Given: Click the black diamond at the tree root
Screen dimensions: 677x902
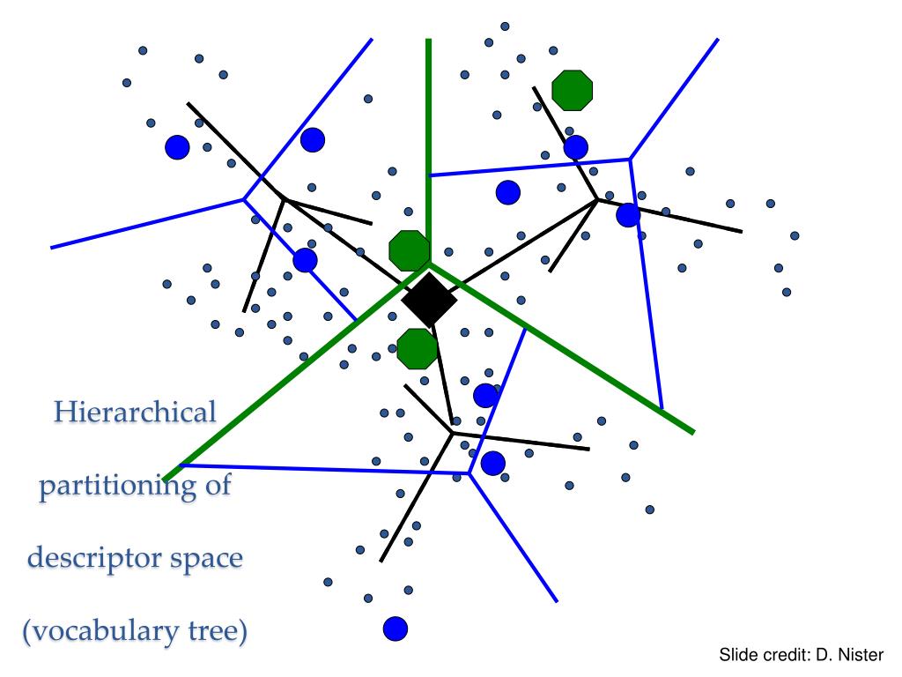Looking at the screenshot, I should tap(429, 301).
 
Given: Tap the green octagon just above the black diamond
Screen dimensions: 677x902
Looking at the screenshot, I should tap(410, 250).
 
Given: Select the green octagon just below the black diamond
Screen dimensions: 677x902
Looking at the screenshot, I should tap(417, 348).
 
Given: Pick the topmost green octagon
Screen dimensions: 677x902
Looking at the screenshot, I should tap(572, 89).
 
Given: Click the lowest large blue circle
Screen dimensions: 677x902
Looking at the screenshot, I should tap(396, 629).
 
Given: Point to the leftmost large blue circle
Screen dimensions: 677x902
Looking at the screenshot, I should tap(177, 147).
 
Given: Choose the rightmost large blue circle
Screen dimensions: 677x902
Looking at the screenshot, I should tap(628, 214).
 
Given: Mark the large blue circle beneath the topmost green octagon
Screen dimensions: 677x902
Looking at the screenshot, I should tap(575, 147).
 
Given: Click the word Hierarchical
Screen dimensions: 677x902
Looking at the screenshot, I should tap(134, 412).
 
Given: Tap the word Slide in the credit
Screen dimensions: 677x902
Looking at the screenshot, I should tap(738, 655).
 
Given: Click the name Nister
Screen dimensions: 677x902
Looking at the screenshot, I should tap(860, 655).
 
